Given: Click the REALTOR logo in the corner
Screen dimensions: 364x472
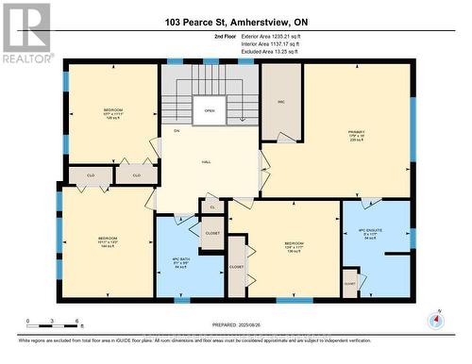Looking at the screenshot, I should [x=25, y=33].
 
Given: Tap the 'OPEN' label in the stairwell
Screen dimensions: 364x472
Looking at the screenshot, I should [x=210, y=109].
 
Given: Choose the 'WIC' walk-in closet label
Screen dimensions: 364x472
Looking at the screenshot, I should [x=280, y=101].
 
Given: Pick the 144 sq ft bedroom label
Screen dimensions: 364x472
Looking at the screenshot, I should [x=107, y=240].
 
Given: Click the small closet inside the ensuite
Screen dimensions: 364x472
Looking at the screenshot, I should [x=349, y=282].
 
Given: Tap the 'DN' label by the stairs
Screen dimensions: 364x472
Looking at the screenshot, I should [x=176, y=130].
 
